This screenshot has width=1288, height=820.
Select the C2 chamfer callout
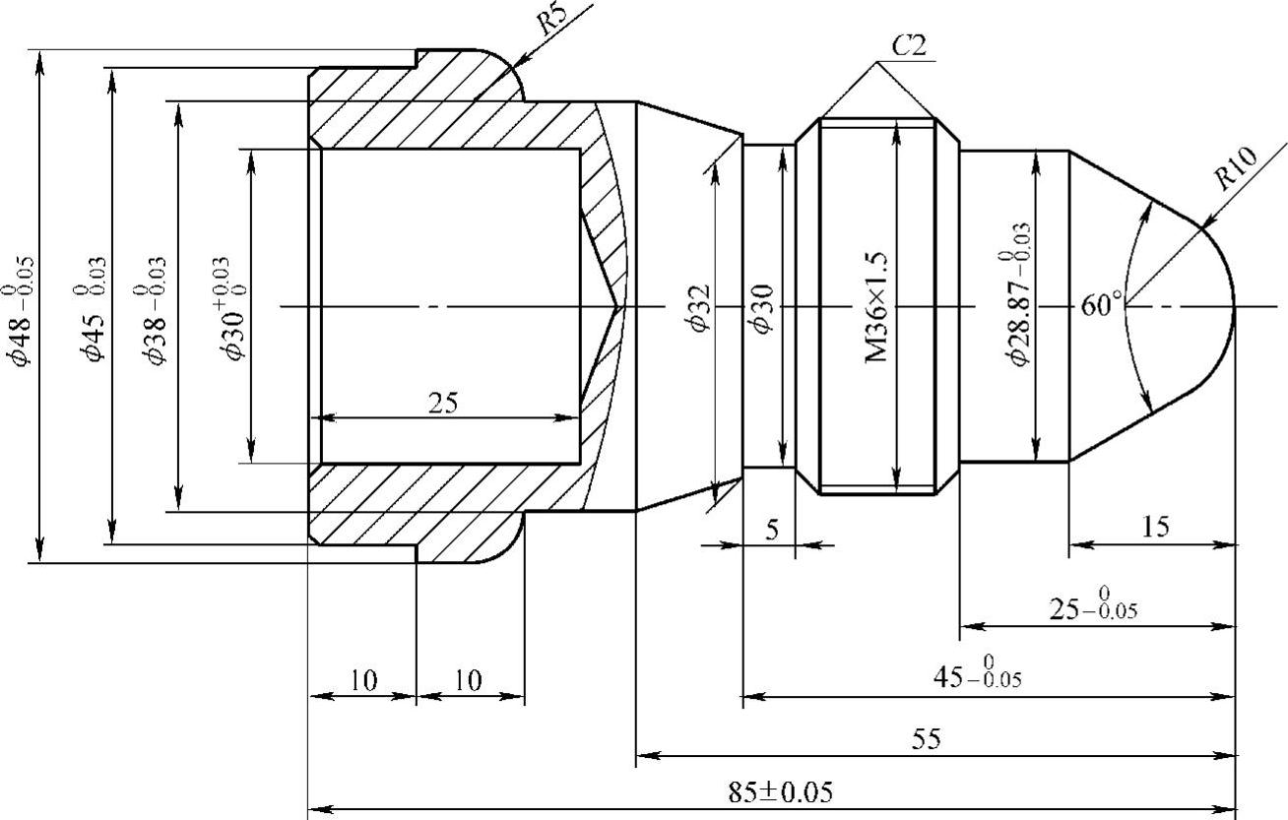click(x=909, y=45)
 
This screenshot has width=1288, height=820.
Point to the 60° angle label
click(x=1101, y=305)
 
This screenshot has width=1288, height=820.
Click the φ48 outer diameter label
click(x=22, y=311)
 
